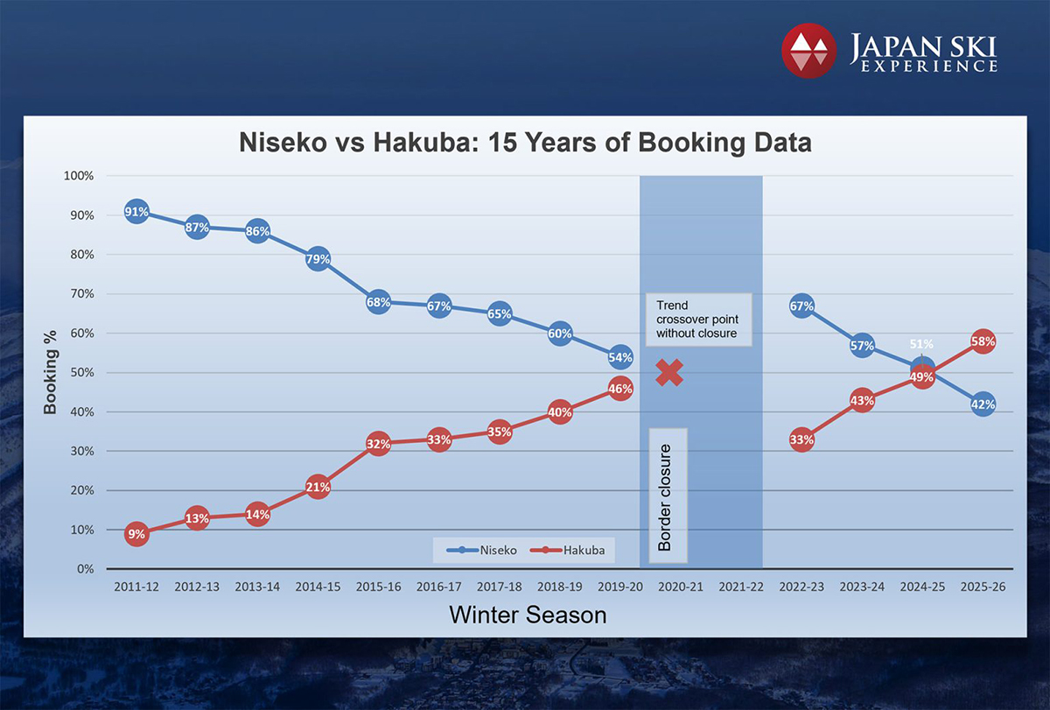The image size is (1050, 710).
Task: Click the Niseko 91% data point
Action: coord(136,212)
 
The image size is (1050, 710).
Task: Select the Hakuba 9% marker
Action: coord(136,534)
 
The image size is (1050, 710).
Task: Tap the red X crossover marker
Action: coord(669,373)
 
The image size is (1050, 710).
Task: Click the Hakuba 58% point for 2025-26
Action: coord(982,341)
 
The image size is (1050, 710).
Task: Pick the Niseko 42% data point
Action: coord(982,404)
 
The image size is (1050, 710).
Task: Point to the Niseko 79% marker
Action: coord(318,259)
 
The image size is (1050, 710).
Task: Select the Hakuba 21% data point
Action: coord(318,488)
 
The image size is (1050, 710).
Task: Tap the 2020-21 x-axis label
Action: coord(680,587)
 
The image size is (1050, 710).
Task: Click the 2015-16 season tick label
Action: coord(378,587)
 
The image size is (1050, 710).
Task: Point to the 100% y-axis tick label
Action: coord(79,177)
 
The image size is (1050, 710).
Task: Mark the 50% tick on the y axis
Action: coord(81,373)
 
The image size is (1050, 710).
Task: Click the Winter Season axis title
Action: coord(528,615)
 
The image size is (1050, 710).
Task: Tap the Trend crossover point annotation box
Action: coord(698,320)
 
